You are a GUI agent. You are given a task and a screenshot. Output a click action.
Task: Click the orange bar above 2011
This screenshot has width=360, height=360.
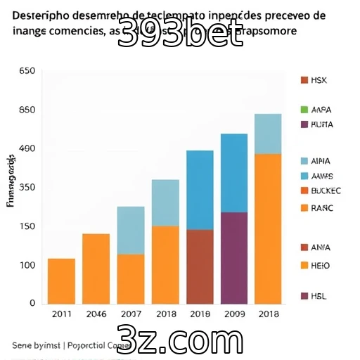(61, 281)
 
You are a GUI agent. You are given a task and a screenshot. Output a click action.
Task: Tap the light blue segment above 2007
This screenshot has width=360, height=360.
(130, 230)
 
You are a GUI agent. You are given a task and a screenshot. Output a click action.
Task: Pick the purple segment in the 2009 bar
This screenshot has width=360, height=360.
(233, 257)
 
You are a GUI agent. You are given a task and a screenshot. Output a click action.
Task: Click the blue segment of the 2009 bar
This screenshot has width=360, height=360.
(233, 172)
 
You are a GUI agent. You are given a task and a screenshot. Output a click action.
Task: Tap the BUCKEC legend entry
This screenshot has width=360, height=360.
(320, 191)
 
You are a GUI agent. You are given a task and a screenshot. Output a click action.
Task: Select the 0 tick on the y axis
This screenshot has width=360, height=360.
(32, 303)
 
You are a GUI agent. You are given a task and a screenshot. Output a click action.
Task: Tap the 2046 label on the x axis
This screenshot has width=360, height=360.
(96, 314)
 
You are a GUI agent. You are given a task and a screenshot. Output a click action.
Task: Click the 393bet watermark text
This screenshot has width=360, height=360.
(180, 33)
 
